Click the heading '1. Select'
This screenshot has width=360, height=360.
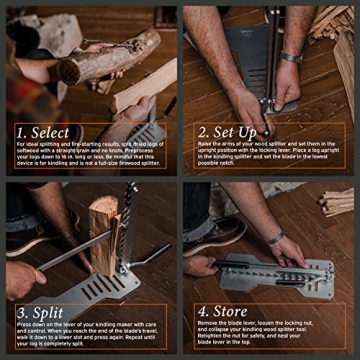43,132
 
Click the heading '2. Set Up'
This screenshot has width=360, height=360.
226,130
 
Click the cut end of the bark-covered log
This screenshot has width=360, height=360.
71,69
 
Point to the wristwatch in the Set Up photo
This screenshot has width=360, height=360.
290,57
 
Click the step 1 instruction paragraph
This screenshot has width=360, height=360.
89,160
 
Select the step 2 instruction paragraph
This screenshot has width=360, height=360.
267,159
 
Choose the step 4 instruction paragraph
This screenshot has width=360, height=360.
267,340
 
